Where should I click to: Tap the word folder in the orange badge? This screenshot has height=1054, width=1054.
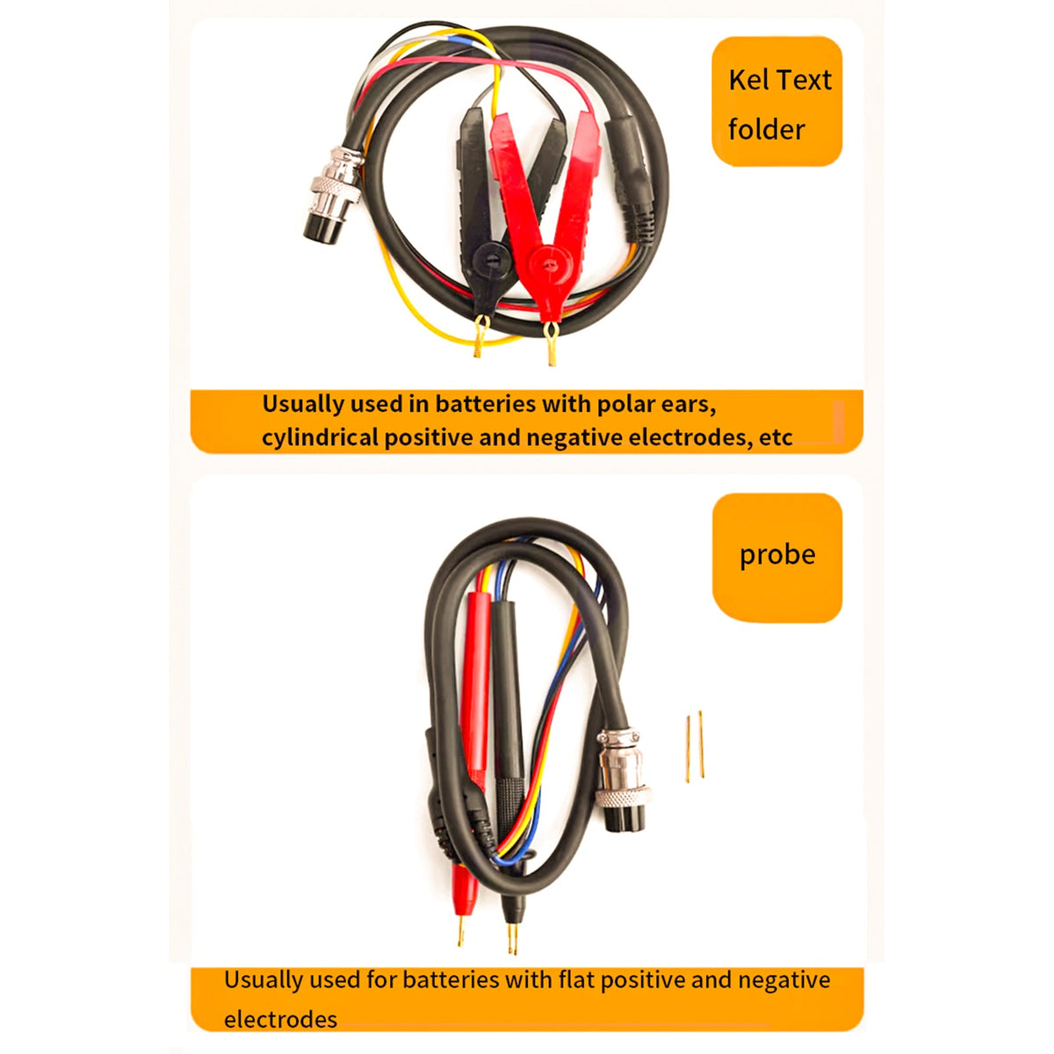pyautogui.click(x=766, y=130)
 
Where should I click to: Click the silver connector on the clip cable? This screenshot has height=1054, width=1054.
pyautogui.click(x=333, y=195)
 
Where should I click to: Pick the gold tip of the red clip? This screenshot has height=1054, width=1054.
pyautogui.click(x=551, y=343)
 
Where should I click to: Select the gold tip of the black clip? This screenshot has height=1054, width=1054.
pyautogui.click(x=480, y=336)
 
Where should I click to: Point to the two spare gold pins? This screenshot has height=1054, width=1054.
pyautogui.click(x=695, y=747)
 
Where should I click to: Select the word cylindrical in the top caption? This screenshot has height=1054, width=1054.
pyautogui.click(x=320, y=438)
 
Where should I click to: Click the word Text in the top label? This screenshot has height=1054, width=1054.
pyautogui.click(x=803, y=81)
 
